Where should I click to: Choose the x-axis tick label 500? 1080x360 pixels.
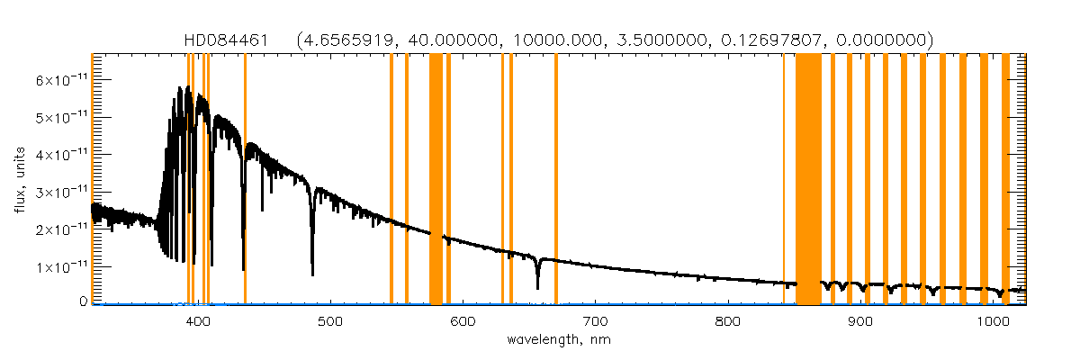(x=330, y=321)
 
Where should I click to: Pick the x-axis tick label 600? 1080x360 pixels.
(x=463, y=321)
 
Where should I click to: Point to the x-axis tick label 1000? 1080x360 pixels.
(x=992, y=321)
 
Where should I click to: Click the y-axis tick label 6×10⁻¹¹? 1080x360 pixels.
(x=61, y=79)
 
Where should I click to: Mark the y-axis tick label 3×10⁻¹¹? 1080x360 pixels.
(x=61, y=192)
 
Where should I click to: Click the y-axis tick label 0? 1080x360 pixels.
(x=82, y=302)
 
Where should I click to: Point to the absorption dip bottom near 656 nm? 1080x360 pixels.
(x=537, y=288)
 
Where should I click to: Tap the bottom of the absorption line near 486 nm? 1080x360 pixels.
(x=312, y=274)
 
